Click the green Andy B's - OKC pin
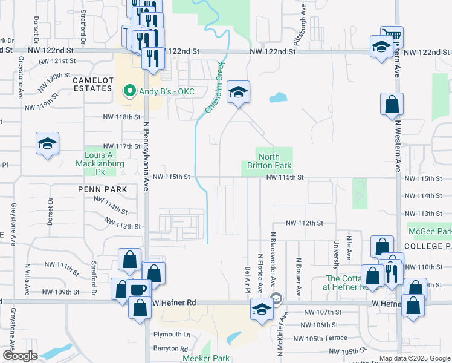(129, 92)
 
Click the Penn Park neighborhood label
(102, 189)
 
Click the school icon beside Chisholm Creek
(238, 93)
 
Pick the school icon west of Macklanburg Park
(47, 144)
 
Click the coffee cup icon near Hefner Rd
(138, 289)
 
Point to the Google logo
(19, 356)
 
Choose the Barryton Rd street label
(170, 348)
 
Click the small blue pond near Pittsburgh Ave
(279, 97)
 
